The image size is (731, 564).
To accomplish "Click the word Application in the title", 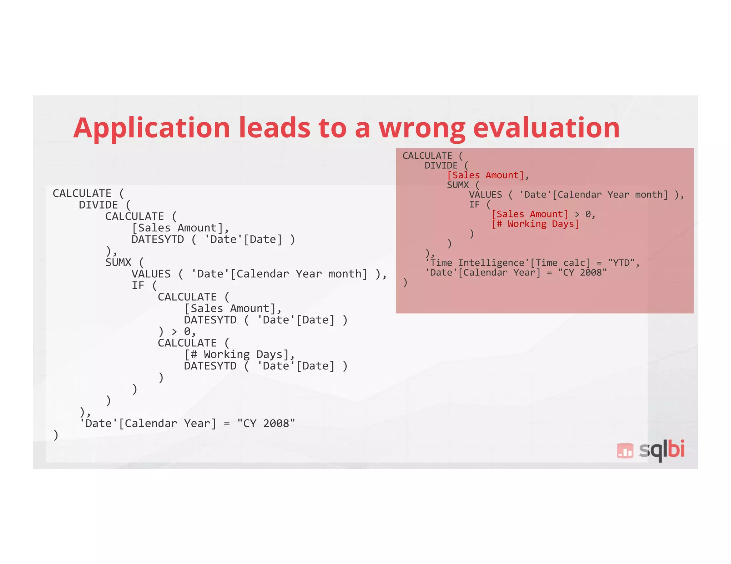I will pos(152,128).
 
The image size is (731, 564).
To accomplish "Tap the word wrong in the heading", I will pos(422,128).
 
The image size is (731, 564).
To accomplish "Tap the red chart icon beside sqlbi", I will pos(625,450).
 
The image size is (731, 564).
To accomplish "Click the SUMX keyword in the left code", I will pos(118,262).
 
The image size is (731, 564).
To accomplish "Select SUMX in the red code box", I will pos(458,185).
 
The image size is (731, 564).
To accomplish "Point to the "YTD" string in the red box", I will pos(621,263).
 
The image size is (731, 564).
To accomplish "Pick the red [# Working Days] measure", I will pos(535,224).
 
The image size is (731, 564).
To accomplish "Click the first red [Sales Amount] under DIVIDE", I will pos(485,175).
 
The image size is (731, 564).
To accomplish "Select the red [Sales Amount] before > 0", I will pos(530,214).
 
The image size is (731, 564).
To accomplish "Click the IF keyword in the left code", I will pos(138,286).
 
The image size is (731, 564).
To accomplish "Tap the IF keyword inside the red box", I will pos(474,205).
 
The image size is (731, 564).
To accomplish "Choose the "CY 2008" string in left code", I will pos(266,424).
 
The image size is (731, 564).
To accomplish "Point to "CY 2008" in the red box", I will pos(582,273).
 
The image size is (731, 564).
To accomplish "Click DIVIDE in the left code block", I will pos(98,205).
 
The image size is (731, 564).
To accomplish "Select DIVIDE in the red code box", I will pos(441,166).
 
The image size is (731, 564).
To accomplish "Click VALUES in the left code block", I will pos(151,274).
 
